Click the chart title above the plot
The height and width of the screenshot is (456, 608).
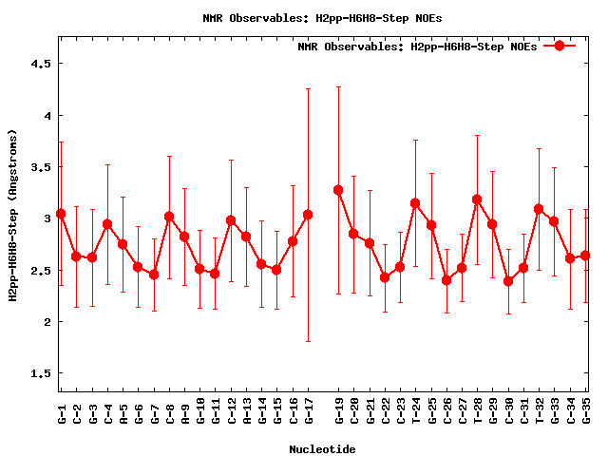coord(322,17)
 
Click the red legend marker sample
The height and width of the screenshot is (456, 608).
coord(560,46)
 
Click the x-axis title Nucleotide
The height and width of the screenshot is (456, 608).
coord(322,448)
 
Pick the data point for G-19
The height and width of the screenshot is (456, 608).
coord(338,190)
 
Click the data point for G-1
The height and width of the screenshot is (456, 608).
coord(61,214)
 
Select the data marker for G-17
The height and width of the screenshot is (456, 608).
coord(308,215)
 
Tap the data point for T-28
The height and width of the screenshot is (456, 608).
coord(477,199)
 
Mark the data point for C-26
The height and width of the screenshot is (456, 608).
coord(446,280)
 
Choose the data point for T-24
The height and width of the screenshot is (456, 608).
coord(415,203)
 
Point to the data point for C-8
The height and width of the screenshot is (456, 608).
coord(169,217)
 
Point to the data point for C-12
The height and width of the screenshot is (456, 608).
coord(231,220)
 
